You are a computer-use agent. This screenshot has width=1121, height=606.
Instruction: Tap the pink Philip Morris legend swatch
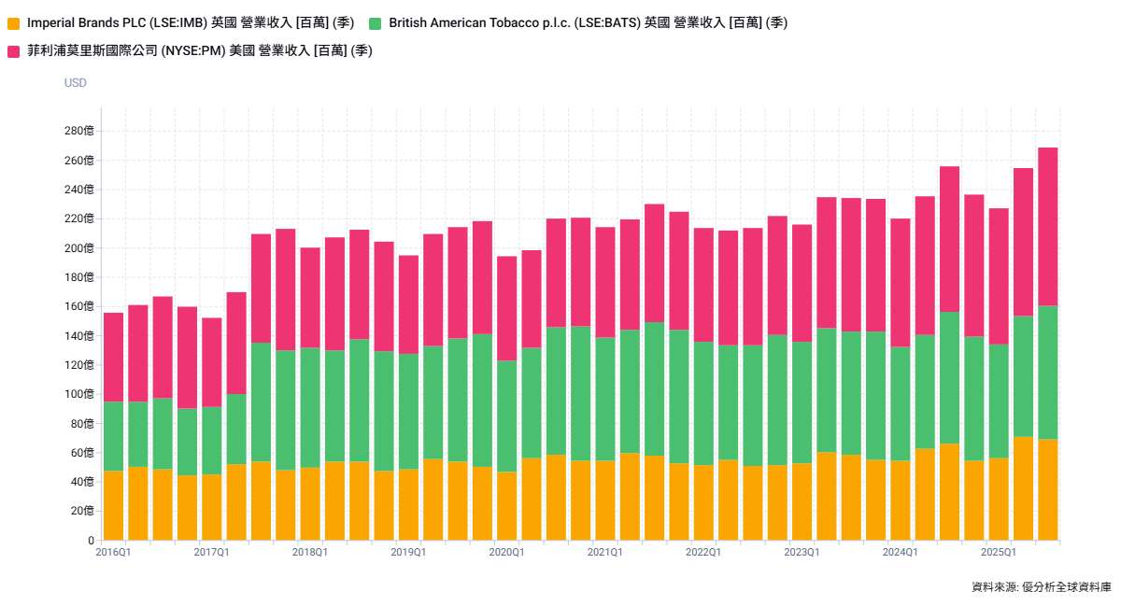pyautogui.click(x=13, y=51)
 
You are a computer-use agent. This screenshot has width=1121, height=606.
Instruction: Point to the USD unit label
pyautogui.click(x=76, y=83)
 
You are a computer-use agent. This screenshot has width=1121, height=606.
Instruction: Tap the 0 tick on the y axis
pyautogui.click(x=91, y=541)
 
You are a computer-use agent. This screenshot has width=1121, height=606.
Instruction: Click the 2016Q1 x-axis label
pyautogui.click(x=113, y=553)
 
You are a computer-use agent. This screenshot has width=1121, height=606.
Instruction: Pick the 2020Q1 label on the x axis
pyautogui.click(x=506, y=553)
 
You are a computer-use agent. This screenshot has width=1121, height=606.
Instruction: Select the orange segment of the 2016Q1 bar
pyautogui.click(x=113, y=505)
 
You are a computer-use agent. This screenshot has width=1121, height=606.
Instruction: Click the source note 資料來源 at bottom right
pyautogui.click(x=1041, y=587)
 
